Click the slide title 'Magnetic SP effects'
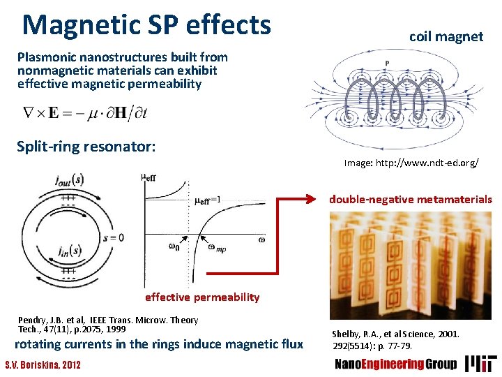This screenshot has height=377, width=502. [146, 25]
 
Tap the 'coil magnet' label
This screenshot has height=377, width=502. [446, 36]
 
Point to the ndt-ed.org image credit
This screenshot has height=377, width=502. [411, 163]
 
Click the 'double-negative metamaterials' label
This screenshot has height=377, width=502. [411, 200]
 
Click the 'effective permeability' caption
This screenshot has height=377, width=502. [202, 297]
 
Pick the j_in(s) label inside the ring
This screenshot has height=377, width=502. [70, 250]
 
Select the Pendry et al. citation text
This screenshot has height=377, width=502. [108, 324]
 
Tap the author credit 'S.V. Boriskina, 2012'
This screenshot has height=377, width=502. [43, 365]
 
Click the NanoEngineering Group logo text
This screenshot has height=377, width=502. [396, 364]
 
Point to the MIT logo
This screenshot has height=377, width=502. [482, 363]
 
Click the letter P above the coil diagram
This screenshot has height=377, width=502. [387, 64]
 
